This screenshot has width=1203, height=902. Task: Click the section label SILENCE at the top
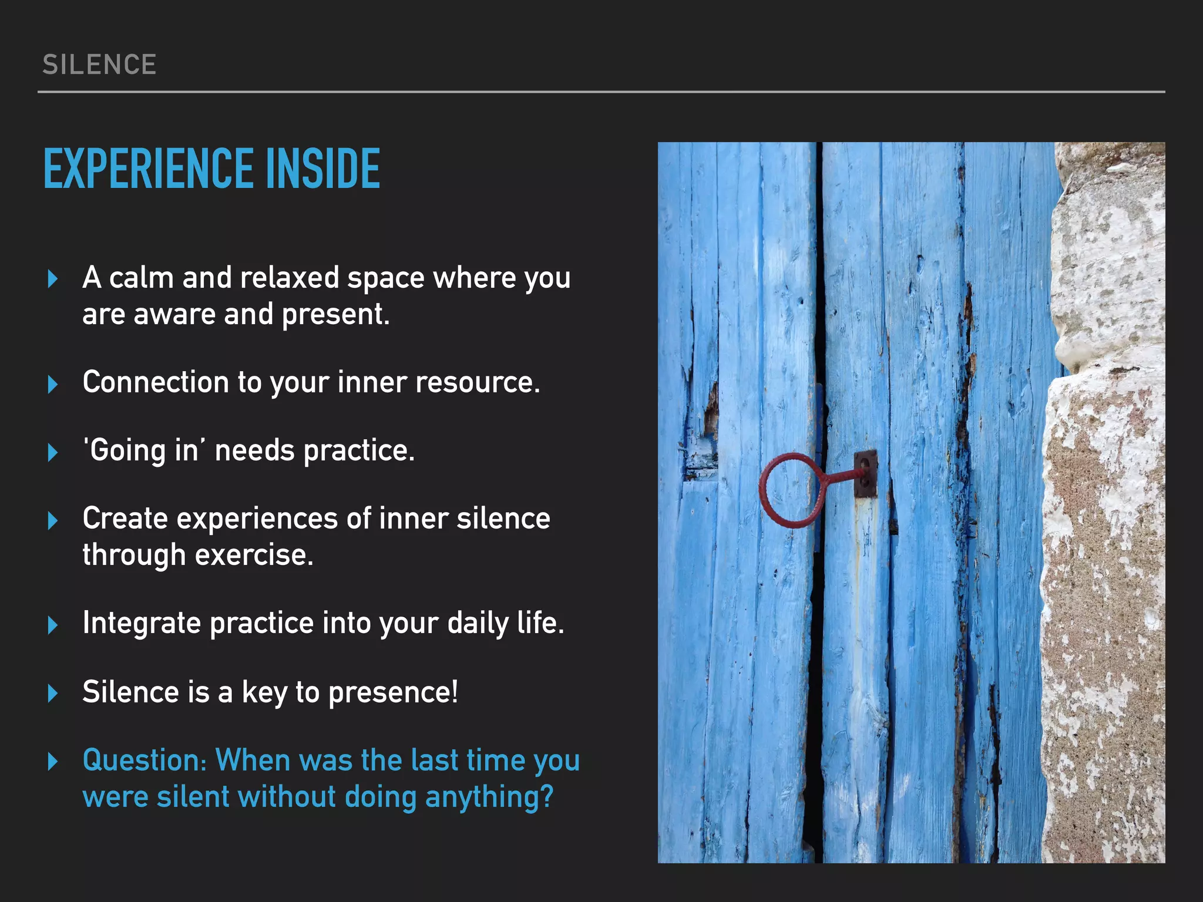pyautogui.click(x=99, y=65)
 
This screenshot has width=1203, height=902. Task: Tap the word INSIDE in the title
pyautogui.click(x=323, y=169)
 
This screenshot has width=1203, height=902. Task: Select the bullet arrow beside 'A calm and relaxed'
pyautogui.click(x=53, y=279)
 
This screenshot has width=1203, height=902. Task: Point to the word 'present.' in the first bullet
pyautogui.click(x=335, y=315)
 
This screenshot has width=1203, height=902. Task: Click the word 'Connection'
pyautogui.click(x=156, y=382)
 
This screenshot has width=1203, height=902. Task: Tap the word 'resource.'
pyautogui.click(x=478, y=382)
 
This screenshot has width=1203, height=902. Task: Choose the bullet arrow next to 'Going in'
pyautogui.click(x=53, y=452)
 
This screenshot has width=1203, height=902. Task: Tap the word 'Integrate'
pyautogui.click(x=142, y=623)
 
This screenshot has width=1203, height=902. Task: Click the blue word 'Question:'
pyautogui.click(x=145, y=760)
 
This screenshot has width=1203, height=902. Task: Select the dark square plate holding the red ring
pyautogui.click(x=865, y=474)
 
